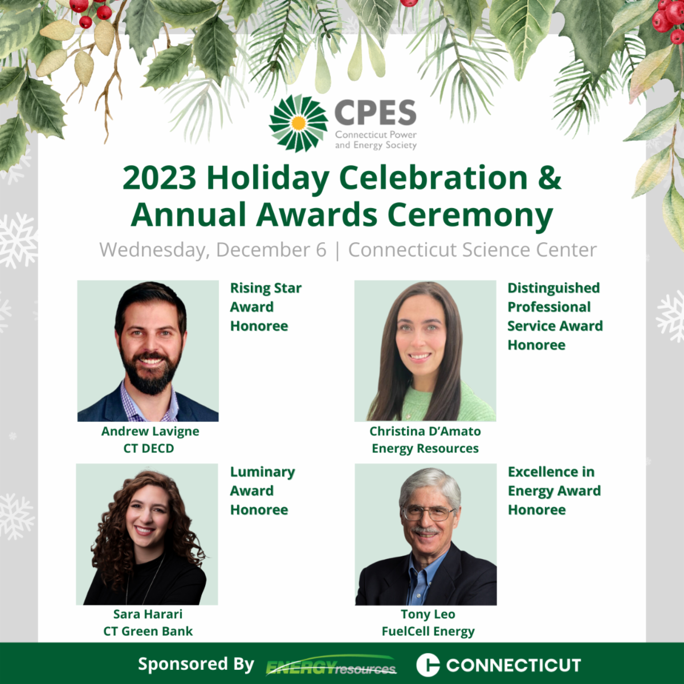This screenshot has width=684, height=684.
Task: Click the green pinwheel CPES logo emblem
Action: (299, 123)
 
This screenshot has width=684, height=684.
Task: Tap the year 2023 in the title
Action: (160, 178)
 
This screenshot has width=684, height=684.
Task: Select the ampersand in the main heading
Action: (549, 178)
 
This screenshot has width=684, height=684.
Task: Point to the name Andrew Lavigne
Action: (150, 431)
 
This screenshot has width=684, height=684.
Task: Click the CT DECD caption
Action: (149, 449)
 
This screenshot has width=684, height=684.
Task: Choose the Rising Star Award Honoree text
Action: (266, 307)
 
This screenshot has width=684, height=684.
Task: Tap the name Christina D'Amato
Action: (425, 431)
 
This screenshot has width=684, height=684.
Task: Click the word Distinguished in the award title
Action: (553, 288)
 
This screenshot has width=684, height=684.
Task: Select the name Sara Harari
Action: (148, 614)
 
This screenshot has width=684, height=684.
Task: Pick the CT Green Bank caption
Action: (148, 631)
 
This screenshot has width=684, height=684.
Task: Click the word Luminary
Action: (263, 472)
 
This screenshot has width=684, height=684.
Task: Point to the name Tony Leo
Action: (428, 614)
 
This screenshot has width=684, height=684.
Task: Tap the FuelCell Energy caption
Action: (428, 632)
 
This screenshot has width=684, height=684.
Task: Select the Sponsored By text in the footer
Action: (196, 664)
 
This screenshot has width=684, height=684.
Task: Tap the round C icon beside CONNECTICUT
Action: (428, 665)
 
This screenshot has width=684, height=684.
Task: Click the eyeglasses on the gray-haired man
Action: (429, 513)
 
